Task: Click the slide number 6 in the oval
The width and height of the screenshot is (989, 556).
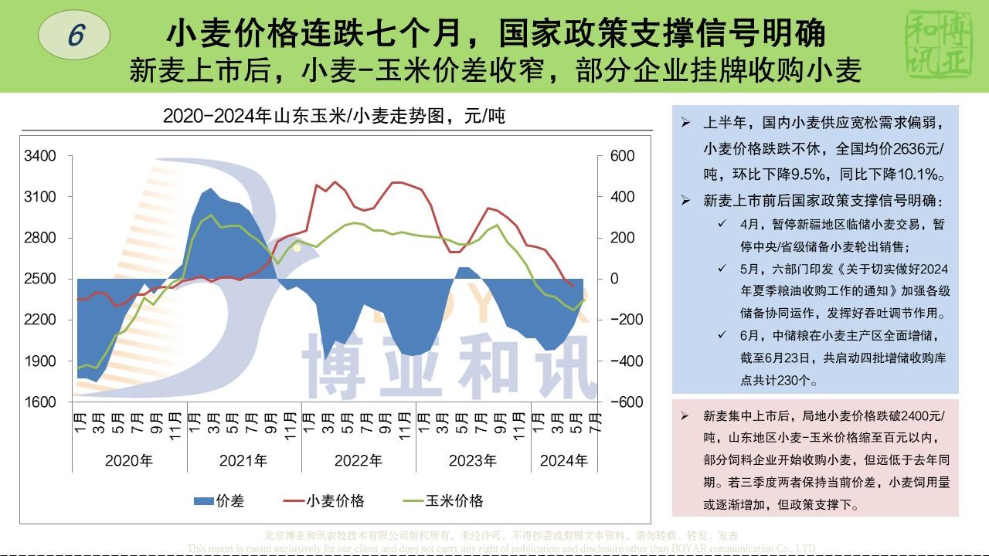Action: [74, 35]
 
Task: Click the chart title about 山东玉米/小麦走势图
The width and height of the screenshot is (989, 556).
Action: [334, 117]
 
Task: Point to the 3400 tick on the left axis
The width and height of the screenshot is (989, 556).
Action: [40, 156]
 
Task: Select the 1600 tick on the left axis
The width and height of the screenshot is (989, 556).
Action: [40, 402]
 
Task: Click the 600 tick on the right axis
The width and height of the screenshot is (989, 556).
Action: [622, 156]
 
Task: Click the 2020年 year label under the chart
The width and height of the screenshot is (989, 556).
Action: [129, 461]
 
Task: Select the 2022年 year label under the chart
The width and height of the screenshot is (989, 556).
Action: [359, 461]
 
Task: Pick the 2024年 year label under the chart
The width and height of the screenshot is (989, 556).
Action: [563, 461]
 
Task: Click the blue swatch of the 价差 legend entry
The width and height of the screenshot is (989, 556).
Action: [202, 501]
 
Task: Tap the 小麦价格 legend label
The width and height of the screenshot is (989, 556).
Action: [335, 501]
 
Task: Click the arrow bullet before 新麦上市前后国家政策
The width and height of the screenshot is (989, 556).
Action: [685, 201]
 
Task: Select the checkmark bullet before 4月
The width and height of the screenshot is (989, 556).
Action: [721, 224]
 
